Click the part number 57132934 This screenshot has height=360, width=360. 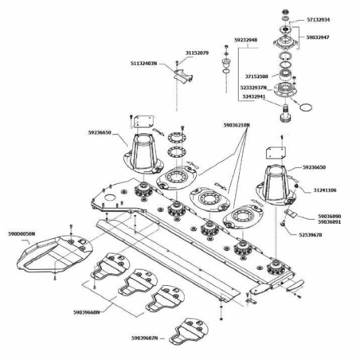[x=319, y=19]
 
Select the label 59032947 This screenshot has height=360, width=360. [x=319, y=37]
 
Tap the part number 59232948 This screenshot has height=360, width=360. [x=246, y=38]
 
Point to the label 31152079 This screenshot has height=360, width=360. [x=197, y=53]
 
